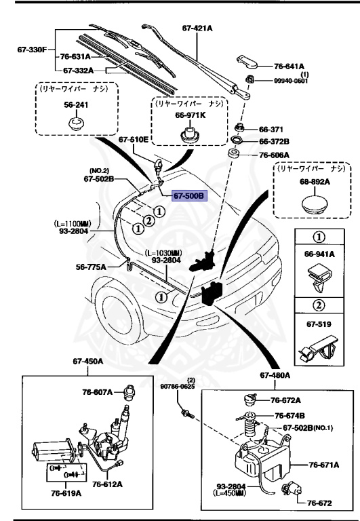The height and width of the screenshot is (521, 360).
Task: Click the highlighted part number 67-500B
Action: [187, 196]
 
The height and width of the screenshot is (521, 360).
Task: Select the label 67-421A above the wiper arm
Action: [197, 28]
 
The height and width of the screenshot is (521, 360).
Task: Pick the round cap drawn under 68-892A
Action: [312, 204]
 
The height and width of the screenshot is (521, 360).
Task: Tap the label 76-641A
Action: [291, 66]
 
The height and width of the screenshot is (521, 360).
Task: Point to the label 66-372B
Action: [275, 141]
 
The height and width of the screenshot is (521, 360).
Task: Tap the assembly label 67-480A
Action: [275, 375]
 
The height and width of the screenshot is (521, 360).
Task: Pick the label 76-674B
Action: [289, 415]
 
